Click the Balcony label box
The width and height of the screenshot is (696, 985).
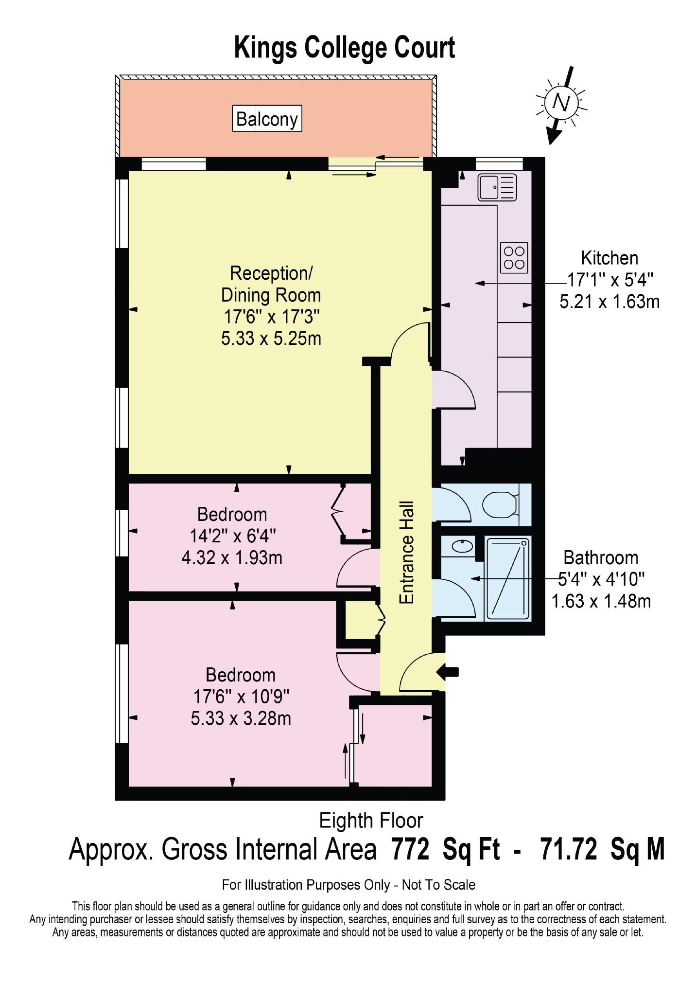[x=267, y=118]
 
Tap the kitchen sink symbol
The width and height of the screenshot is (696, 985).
[x=497, y=187]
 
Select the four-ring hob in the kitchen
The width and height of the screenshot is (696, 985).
[x=514, y=258]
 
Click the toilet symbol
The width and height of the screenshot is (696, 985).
[x=501, y=504]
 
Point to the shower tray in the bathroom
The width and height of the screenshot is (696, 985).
[x=508, y=578]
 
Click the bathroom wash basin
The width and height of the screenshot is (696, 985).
[x=462, y=546]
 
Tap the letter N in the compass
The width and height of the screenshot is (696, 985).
[x=561, y=103]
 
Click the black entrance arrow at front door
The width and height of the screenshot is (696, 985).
[x=448, y=672]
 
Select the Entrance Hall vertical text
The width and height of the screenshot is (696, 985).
[x=406, y=553]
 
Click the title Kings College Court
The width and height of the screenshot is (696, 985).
[x=344, y=48]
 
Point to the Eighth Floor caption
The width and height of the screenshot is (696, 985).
[x=371, y=821]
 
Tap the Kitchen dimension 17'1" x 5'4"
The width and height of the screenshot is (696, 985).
[x=610, y=280]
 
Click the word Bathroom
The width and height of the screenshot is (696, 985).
[x=601, y=557]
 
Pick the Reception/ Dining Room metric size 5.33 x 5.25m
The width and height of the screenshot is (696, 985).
[x=271, y=338]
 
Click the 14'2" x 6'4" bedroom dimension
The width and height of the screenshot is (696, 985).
[x=232, y=536]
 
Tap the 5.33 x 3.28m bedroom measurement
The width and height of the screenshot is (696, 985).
[x=241, y=718]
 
